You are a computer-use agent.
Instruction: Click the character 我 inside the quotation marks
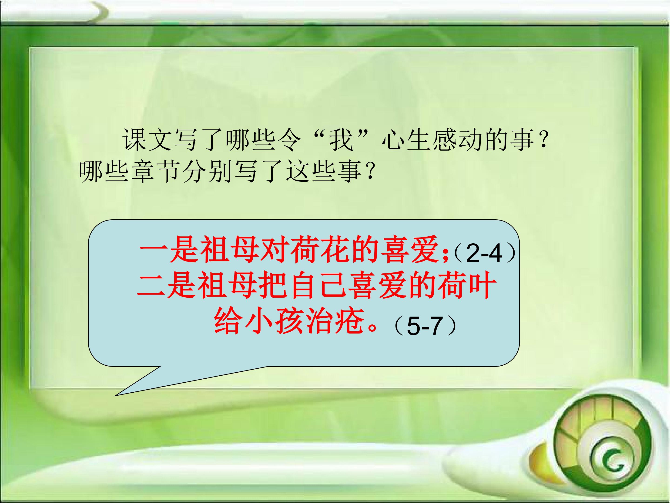click(341, 140)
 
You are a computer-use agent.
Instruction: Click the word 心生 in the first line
click(406, 140)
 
